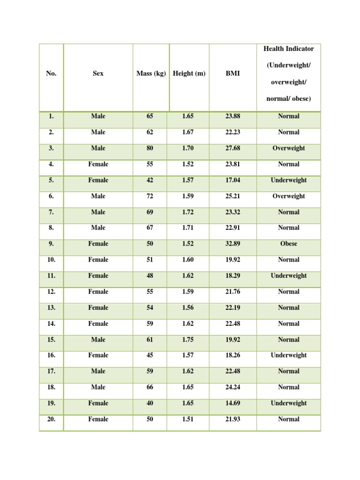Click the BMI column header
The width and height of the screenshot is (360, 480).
[232, 74]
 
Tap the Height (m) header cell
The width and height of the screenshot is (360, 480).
[189, 74]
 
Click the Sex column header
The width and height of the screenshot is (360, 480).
[98, 74]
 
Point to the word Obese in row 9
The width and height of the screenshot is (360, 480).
[288, 244]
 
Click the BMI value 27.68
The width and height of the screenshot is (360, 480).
[232, 148]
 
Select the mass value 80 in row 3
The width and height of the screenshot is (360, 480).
[150, 148]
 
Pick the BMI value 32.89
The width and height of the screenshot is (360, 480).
[232, 244]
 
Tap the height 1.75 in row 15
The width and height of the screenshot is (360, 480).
[187, 339]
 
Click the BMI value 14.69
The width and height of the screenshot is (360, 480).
[232, 403]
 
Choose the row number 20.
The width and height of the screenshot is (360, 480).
[51, 419]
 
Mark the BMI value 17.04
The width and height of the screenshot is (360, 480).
[232, 180]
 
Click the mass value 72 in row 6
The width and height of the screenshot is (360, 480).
[150, 196]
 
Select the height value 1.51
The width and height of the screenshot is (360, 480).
[187, 419]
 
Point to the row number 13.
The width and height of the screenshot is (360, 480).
[51, 307]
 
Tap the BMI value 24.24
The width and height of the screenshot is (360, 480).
[232, 387]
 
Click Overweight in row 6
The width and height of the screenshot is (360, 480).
[288, 196]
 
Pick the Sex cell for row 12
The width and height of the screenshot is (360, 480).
[98, 292]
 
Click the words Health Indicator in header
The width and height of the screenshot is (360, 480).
[288, 49]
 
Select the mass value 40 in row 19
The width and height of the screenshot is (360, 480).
[150, 403]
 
